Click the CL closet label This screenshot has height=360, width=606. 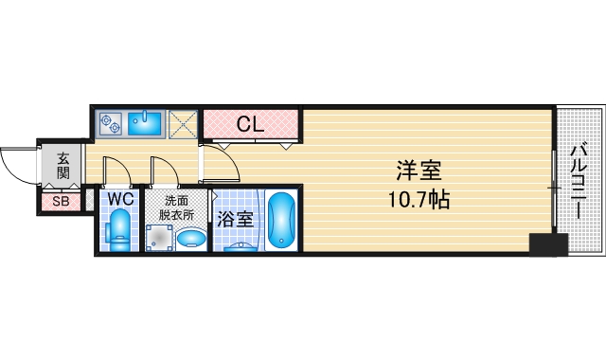[x=249, y=123]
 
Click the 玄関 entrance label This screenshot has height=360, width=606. [x=62, y=166]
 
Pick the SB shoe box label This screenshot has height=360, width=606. [x=61, y=201]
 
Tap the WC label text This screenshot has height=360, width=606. [x=119, y=199]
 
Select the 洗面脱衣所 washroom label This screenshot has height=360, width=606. [x=177, y=207]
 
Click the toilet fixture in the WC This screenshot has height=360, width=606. [x=119, y=229]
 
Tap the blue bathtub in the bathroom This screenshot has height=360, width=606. [x=281, y=221]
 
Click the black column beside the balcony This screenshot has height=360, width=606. [x=547, y=243]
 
